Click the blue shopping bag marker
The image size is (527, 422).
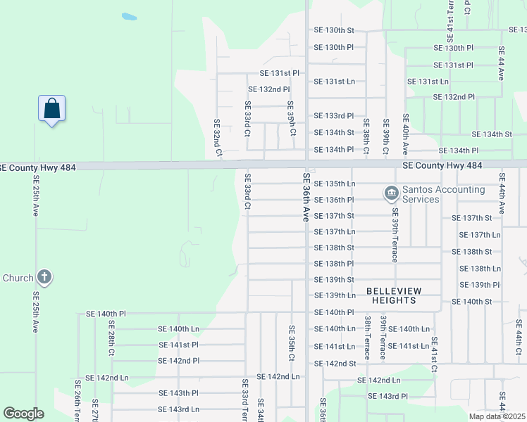[51, 109]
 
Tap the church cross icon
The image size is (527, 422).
[44, 276]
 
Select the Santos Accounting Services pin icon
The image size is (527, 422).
[390, 192]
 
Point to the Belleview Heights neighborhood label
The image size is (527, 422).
[391, 295]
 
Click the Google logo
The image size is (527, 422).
[23, 414]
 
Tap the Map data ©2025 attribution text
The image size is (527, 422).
[497, 416]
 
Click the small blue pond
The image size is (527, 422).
[129, 15]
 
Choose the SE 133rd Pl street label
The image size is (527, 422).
[333, 115]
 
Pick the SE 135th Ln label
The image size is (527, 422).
[335, 184]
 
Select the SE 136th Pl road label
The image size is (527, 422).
[334, 200]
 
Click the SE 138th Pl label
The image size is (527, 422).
[333, 264]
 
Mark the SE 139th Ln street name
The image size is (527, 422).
[335, 295]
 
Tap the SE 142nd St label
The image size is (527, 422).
[335, 364]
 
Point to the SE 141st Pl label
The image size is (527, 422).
[178, 345]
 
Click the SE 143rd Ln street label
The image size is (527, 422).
[178, 409]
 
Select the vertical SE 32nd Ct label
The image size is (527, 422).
[218, 137]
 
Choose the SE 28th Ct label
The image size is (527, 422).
[111, 341]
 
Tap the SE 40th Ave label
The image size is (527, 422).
[405, 134]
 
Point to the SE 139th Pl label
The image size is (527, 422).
[479, 285]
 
